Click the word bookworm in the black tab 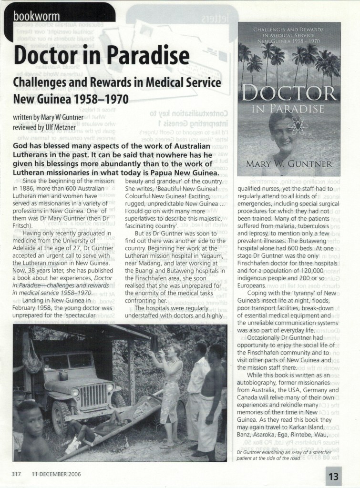pyautogui.click(x=36, y=16)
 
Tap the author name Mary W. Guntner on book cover pyautogui.click(x=288, y=164)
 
